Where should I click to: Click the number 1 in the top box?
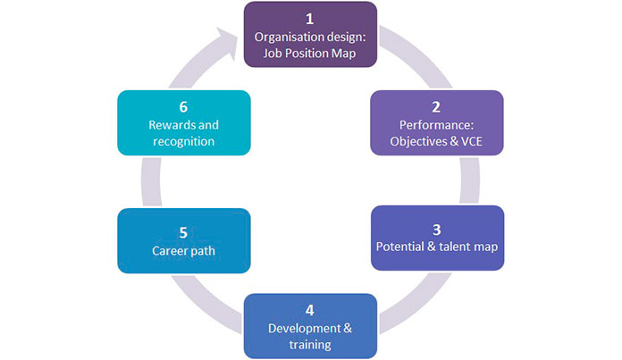tap(311, 18)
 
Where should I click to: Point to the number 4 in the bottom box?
tap(310, 311)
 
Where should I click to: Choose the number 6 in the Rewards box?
tap(183, 107)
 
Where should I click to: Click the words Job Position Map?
tap(311, 53)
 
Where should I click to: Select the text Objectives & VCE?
tap(437, 141)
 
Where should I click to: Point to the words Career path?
tap(184, 250)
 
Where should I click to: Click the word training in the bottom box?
tap(310, 344)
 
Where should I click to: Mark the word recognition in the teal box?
tap(183, 141)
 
